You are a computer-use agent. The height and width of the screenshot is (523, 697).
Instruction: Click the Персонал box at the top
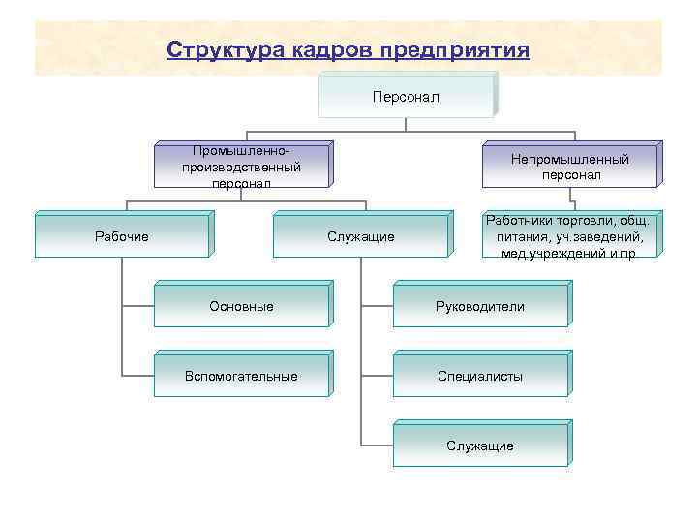point(406,97)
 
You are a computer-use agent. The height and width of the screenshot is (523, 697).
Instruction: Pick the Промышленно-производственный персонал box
point(241,166)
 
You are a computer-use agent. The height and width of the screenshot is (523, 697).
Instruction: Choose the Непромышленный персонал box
point(570,166)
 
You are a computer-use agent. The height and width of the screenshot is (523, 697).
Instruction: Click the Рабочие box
point(122,236)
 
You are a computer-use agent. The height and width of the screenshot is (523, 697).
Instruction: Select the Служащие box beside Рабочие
point(360,236)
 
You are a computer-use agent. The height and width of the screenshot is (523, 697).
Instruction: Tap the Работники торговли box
point(569,236)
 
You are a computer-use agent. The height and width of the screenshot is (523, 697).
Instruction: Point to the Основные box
point(241,306)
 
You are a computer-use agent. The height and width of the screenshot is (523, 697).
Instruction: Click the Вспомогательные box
point(241,376)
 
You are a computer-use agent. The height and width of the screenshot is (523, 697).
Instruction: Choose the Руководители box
point(480,306)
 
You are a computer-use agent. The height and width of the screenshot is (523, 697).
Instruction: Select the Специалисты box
point(480,376)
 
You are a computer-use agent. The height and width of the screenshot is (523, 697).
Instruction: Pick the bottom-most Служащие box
point(480,446)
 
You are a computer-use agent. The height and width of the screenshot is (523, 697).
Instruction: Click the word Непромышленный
point(570,158)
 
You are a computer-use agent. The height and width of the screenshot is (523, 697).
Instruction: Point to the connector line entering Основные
point(138,305)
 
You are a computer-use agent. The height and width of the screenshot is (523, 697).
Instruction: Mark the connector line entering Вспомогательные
point(138,375)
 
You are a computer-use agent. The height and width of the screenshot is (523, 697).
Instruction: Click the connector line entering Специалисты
point(377,375)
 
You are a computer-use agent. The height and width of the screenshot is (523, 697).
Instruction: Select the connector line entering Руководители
point(377,305)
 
